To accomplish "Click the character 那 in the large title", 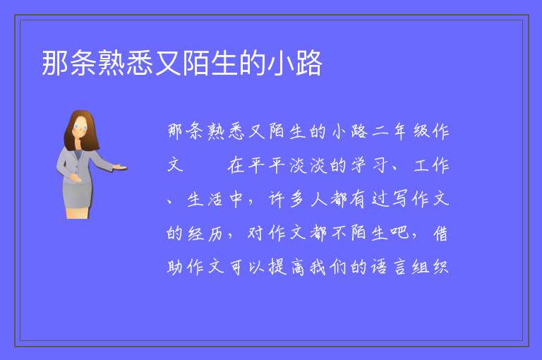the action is (x=55, y=63).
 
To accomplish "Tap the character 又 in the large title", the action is (x=168, y=63).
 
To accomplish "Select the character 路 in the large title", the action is (x=308, y=63).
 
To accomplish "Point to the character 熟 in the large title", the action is (x=112, y=63).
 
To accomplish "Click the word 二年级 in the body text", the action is (x=400, y=131).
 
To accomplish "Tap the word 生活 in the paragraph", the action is (x=205, y=200).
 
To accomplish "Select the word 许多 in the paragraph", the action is (x=287, y=200).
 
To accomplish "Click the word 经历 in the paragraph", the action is (x=205, y=234).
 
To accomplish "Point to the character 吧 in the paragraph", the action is (x=400, y=233).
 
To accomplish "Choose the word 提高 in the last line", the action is (x=287, y=268).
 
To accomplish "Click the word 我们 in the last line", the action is (x=327, y=268).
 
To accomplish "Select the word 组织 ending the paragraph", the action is (x=430, y=268).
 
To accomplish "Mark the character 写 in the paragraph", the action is (x=400, y=200).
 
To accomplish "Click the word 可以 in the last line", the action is (x=246, y=268).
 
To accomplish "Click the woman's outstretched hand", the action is (x=120, y=167).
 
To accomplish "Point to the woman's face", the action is (x=80, y=127).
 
